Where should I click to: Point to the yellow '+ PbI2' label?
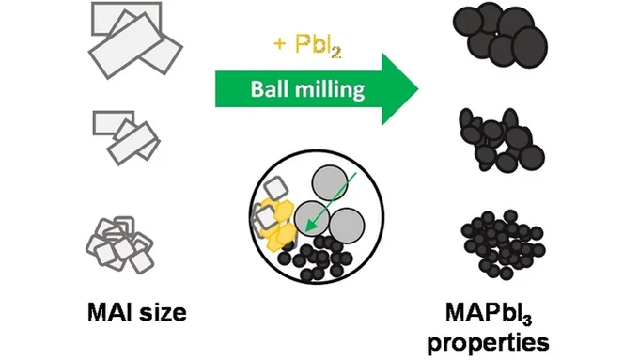coord(307,45)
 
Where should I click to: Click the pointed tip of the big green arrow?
coord(418,88)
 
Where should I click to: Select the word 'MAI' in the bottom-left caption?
coord(111,312)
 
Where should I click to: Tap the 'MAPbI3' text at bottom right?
coord(489,314)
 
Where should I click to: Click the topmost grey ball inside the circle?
coord(330,182)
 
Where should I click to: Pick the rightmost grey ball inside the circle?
coord(347,226)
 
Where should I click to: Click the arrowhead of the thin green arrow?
coord(311,227)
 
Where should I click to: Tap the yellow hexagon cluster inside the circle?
coord(280,225)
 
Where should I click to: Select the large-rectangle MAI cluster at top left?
coord(134,40)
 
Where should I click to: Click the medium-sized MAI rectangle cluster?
coord(126,137)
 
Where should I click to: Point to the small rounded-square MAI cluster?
coord(119,244)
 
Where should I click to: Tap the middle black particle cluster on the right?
coord(502,141)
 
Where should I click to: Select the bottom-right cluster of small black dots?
coord(504,244)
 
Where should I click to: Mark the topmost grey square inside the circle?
coord(276,189)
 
